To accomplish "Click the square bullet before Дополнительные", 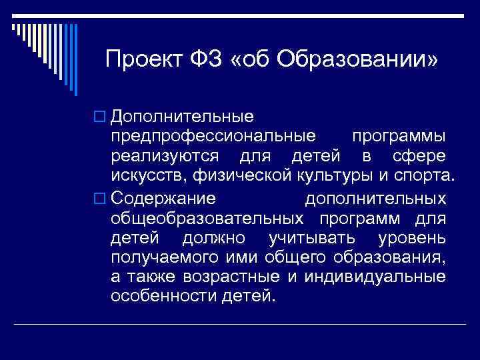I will (101, 117).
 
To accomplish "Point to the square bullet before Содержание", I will (101, 199).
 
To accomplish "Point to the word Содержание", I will (163, 199).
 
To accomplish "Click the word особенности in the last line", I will (162, 295).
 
